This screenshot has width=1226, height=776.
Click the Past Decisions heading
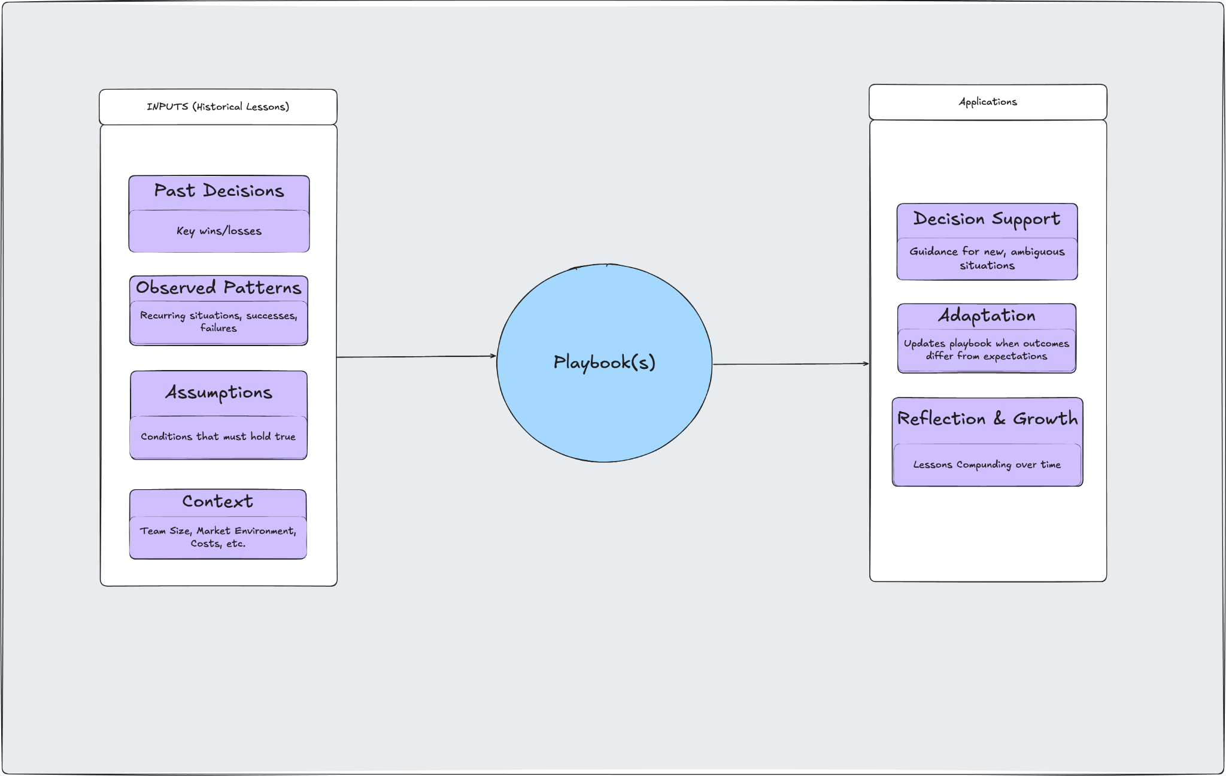coord(219,191)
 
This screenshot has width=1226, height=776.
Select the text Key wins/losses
coord(219,231)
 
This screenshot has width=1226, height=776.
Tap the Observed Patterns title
coord(219,288)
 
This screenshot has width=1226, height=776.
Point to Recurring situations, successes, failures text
coord(219,322)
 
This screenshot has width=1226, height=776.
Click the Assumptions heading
coord(219,393)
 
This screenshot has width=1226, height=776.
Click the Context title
coord(218,502)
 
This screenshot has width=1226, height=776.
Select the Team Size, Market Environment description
coord(218,537)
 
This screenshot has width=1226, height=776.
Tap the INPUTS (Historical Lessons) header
coord(218,107)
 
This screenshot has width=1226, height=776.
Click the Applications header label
coord(988,102)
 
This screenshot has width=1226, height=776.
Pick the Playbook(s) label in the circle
coord(604,362)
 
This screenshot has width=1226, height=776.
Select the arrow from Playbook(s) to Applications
coord(790,364)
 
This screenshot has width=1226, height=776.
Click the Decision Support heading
coord(987,219)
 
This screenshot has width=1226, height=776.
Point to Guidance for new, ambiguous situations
coord(987,259)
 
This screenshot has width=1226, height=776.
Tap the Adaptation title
coord(987,316)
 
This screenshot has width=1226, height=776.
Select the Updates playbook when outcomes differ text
coord(987,350)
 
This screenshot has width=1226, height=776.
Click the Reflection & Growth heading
coord(987,419)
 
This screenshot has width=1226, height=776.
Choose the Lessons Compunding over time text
coord(987,465)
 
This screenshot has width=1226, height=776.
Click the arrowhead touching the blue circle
coord(493,356)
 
